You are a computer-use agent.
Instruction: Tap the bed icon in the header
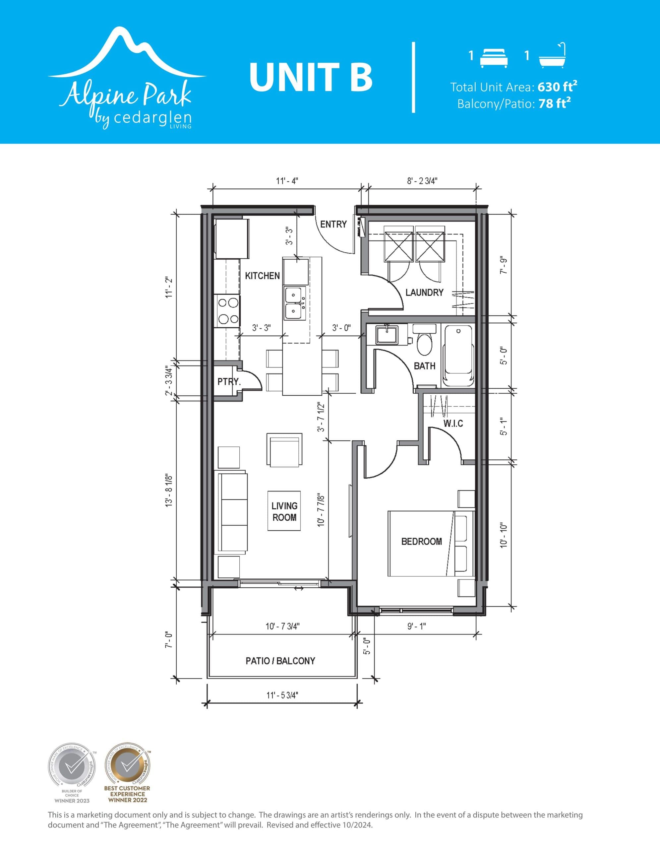pos(494,58)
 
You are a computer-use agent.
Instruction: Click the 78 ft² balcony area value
pos(554,104)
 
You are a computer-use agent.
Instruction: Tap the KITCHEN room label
pos(262,276)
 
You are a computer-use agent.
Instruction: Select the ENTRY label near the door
pos(333,224)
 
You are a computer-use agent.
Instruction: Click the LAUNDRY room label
pos(424,292)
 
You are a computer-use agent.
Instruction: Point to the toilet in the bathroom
pos(424,342)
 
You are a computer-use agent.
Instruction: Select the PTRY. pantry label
pos(229,382)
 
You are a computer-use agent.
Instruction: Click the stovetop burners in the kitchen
pos(228,311)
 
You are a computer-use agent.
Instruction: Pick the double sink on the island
pos(295,303)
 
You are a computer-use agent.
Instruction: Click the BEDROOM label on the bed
pos(421,541)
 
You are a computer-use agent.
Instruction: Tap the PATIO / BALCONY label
pos(280,661)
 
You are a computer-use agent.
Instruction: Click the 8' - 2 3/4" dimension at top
pos(422,181)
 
